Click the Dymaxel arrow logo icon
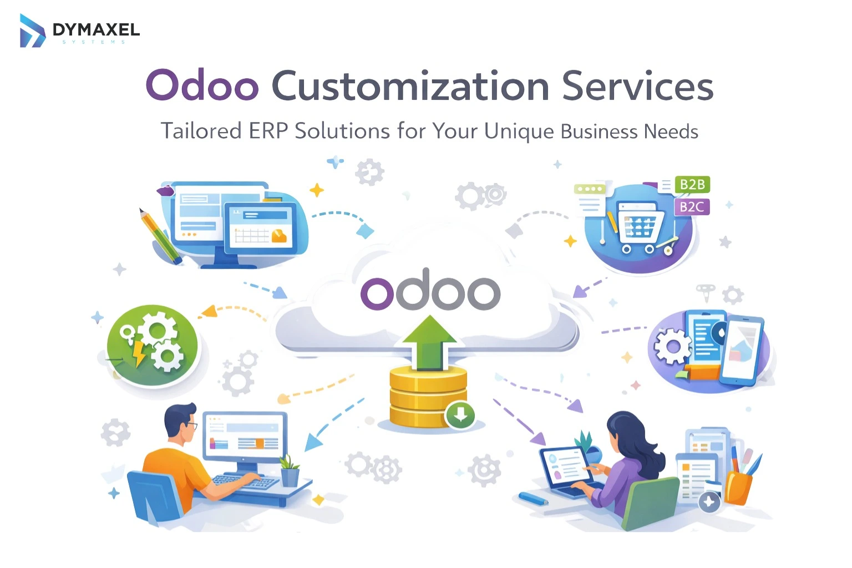coord(32,31)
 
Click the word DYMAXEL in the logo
coord(96,29)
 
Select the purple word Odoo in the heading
coord(202,86)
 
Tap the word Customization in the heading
coord(410,86)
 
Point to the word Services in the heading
coord(637,86)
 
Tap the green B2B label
coord(692,185)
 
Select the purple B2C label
coord(692,207)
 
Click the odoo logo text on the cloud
coord(430,291)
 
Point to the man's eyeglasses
coord(191,426)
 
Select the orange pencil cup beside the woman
coord(738,486)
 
